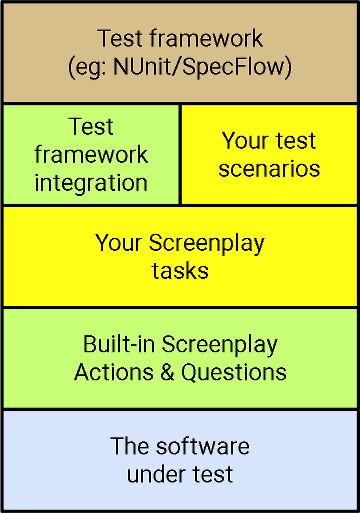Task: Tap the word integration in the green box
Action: click(91, 183)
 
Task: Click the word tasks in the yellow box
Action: click(180, 270)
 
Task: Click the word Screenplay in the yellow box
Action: click(206, 243)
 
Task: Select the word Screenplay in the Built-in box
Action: click(221, 345)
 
